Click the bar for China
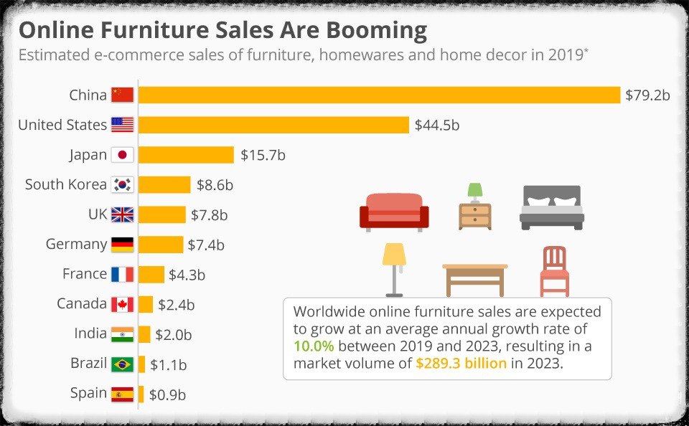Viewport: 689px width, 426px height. [379, 95]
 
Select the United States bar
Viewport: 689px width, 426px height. [273, 125]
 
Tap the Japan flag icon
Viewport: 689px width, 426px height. [122, 155]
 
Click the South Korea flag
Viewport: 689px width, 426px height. [122, 185]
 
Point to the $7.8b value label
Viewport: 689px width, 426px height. [209, 214]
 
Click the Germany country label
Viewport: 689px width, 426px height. [76, 244]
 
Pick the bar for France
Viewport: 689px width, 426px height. [151, 274]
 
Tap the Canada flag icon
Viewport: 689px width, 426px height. [122, 304]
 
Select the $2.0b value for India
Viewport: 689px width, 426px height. [174, 334]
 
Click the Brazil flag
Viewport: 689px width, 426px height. [122, 364]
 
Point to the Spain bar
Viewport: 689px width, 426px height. [141, 394]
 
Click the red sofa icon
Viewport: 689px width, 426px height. [394, 211]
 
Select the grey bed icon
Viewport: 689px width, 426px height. [551, 207]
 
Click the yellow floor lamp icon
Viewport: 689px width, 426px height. [394, 269]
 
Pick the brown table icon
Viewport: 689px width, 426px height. [475, 278]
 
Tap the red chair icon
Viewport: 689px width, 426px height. [554, 271]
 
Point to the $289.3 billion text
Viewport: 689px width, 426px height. [461, 363]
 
